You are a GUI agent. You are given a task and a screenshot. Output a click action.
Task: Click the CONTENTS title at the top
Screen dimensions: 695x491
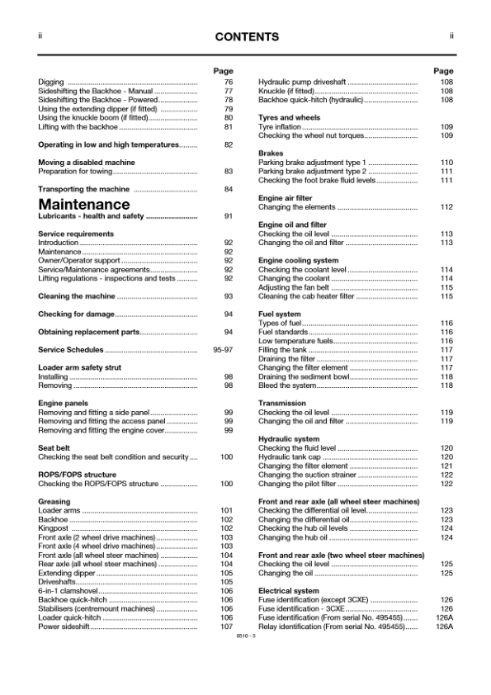245,37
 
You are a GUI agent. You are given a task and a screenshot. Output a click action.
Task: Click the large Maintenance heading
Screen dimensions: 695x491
84,204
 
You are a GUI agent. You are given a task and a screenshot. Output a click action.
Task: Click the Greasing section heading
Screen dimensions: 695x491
54,501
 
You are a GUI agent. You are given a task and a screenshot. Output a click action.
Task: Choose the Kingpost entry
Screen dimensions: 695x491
54,528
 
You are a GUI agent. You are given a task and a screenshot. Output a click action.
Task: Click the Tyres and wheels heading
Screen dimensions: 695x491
289,118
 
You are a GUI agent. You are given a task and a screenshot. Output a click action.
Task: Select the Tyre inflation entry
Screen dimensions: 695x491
280,127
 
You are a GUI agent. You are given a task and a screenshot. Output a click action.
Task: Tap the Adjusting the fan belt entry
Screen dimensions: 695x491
294,287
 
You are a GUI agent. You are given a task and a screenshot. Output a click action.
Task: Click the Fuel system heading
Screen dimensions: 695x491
280,314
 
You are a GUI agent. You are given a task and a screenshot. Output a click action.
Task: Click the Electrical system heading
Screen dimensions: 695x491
288,591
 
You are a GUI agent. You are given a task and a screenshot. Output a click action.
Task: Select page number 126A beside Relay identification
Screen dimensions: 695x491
444,627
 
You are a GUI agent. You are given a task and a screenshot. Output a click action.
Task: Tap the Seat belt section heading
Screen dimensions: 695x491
54,447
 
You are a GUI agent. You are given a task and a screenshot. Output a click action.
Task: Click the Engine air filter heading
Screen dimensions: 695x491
285,198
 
